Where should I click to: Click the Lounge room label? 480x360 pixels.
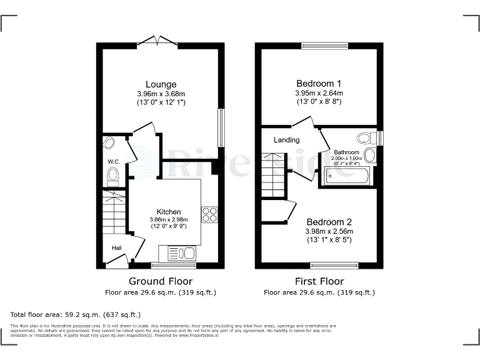point(161,84)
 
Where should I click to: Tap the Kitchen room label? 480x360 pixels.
point(169,212)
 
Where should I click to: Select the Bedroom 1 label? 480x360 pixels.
point(318,84)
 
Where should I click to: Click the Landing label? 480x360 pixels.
point(286,140)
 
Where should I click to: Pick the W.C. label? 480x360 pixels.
point(113,162)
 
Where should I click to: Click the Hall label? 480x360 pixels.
point(116,248)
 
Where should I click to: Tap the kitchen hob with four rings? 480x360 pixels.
point(209,215)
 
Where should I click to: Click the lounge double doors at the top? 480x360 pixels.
point(157,42)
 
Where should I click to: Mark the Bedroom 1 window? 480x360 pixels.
point(319,46)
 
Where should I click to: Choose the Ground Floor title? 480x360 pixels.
point(161,281)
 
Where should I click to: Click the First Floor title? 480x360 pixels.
point(319,281)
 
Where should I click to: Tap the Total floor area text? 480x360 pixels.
point(76,314)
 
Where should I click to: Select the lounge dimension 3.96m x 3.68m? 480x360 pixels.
point(161,94)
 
